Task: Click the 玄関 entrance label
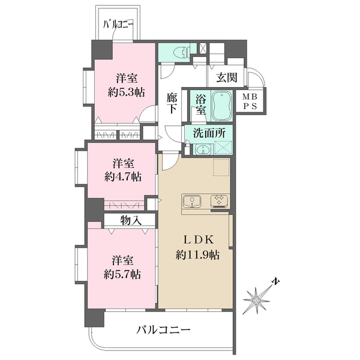coord(226,77)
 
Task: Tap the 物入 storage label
coord(130,221)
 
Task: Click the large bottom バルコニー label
coord(163,329)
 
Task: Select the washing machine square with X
coord(223,148)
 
